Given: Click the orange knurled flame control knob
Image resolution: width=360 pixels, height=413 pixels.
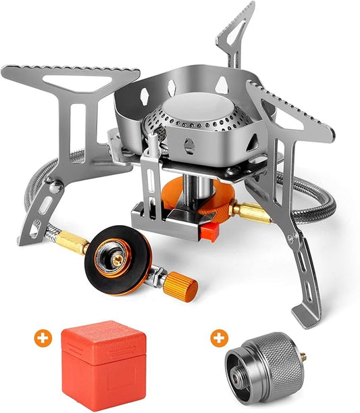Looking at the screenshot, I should tap(182, 287).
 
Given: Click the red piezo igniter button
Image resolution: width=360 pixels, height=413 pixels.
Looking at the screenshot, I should tap(209, 234).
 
